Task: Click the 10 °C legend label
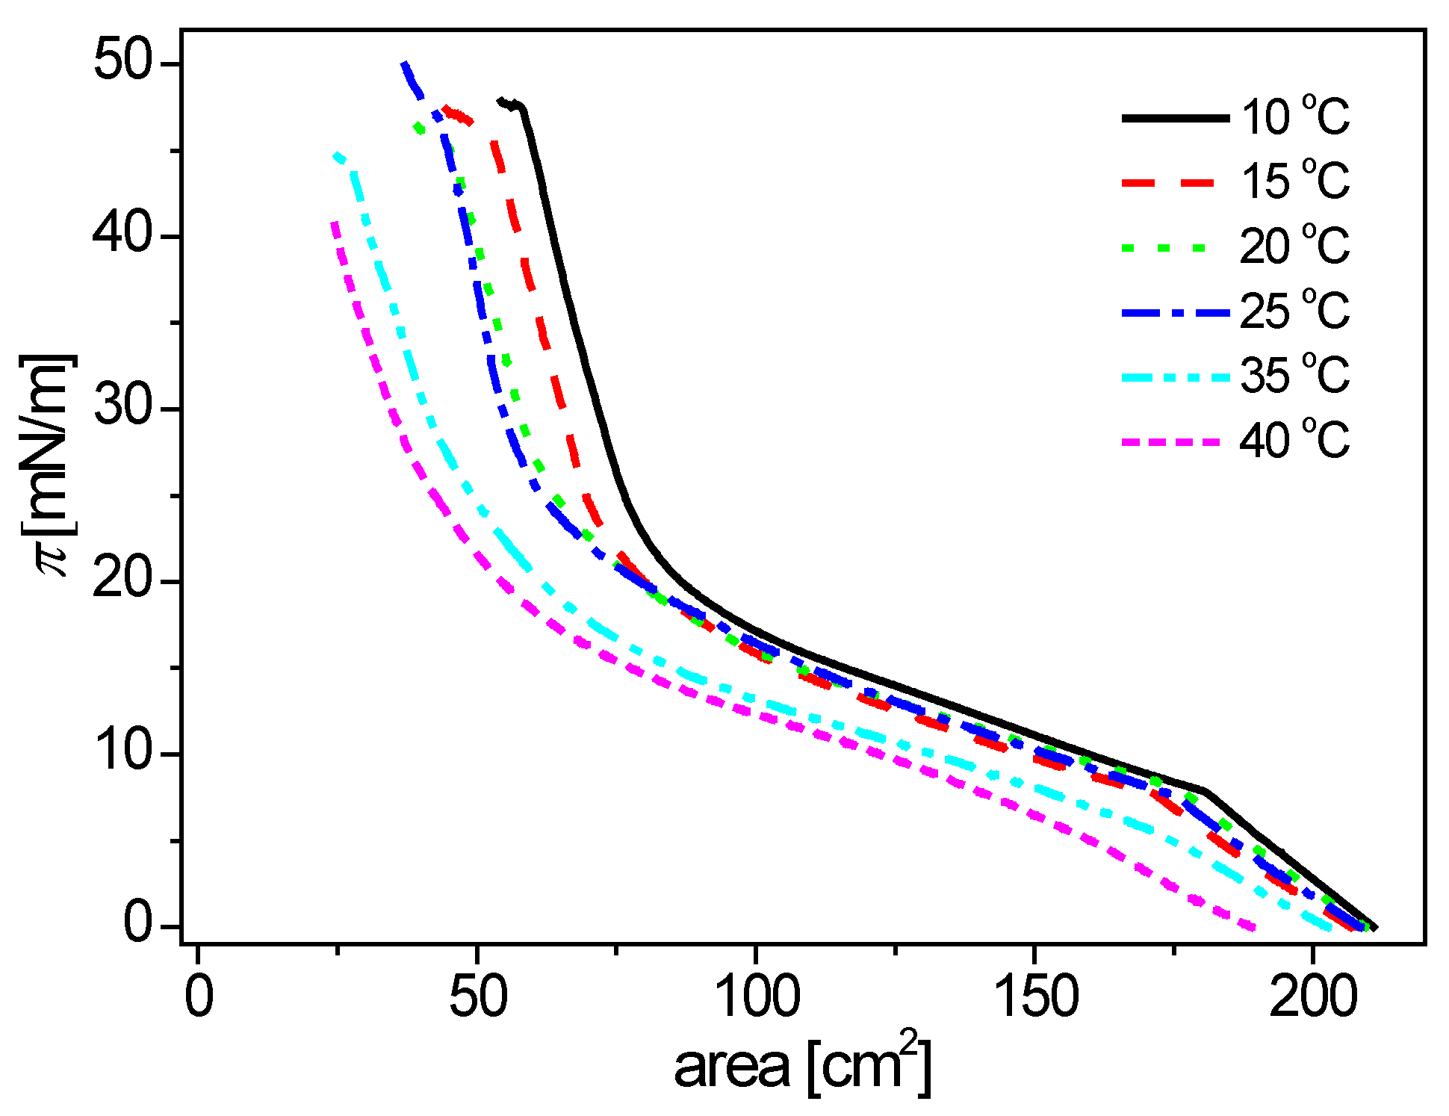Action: click(1295, 117)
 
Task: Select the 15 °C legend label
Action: click(1295, 182)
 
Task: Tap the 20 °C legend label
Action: click(1295, 246)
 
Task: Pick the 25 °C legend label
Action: click(1295, 311)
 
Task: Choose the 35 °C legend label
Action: click(1295, 375)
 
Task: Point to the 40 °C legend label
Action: click(1295, 440)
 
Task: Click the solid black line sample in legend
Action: click(1175, 118)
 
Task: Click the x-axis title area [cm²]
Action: click(803, 1064)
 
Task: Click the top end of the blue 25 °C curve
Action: click(404, 64)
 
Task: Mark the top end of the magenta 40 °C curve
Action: click(335, 223)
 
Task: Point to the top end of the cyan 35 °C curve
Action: click(338, 156)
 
